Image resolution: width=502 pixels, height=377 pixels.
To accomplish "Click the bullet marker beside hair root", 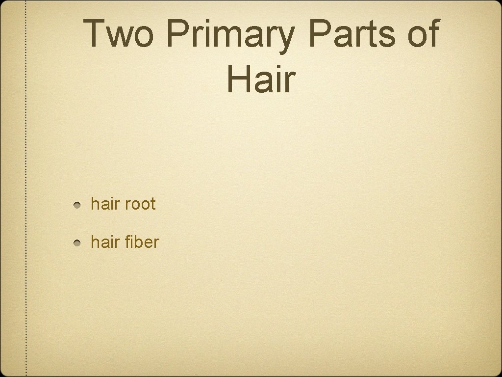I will coord(78,204).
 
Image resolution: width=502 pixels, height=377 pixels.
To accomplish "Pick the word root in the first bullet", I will coord(140,204).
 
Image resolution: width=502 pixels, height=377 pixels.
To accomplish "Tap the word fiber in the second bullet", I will coord(142,242).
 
